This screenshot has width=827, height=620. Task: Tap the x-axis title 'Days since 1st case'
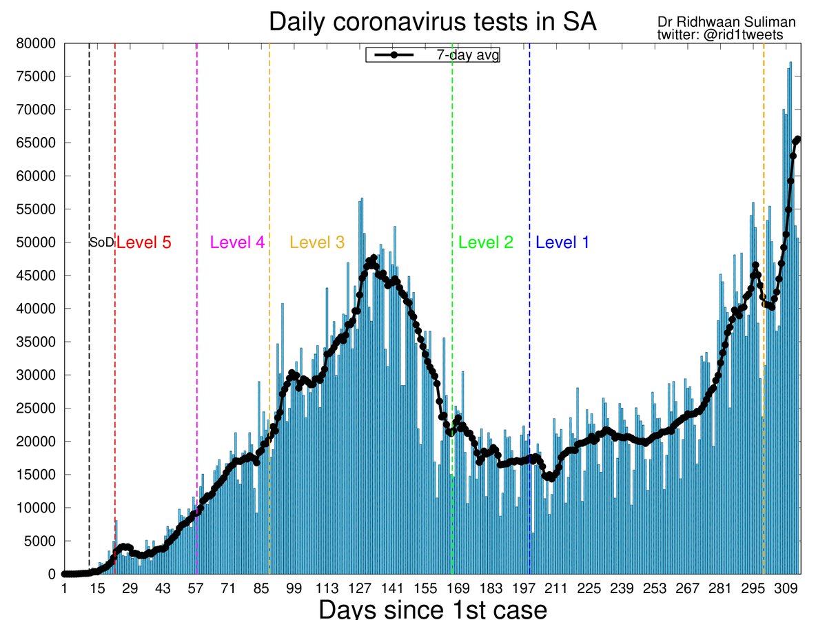[432, 610]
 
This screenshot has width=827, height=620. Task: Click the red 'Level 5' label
[143, 242]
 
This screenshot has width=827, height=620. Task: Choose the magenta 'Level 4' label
[237, 242]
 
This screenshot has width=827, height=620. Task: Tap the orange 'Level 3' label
[317, 242]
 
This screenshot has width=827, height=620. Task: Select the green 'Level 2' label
[486, 242]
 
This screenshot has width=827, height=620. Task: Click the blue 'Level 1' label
[562, 242]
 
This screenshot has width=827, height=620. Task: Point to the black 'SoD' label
[101, 242]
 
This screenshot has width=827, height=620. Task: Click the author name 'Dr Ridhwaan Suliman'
[726, 23]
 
